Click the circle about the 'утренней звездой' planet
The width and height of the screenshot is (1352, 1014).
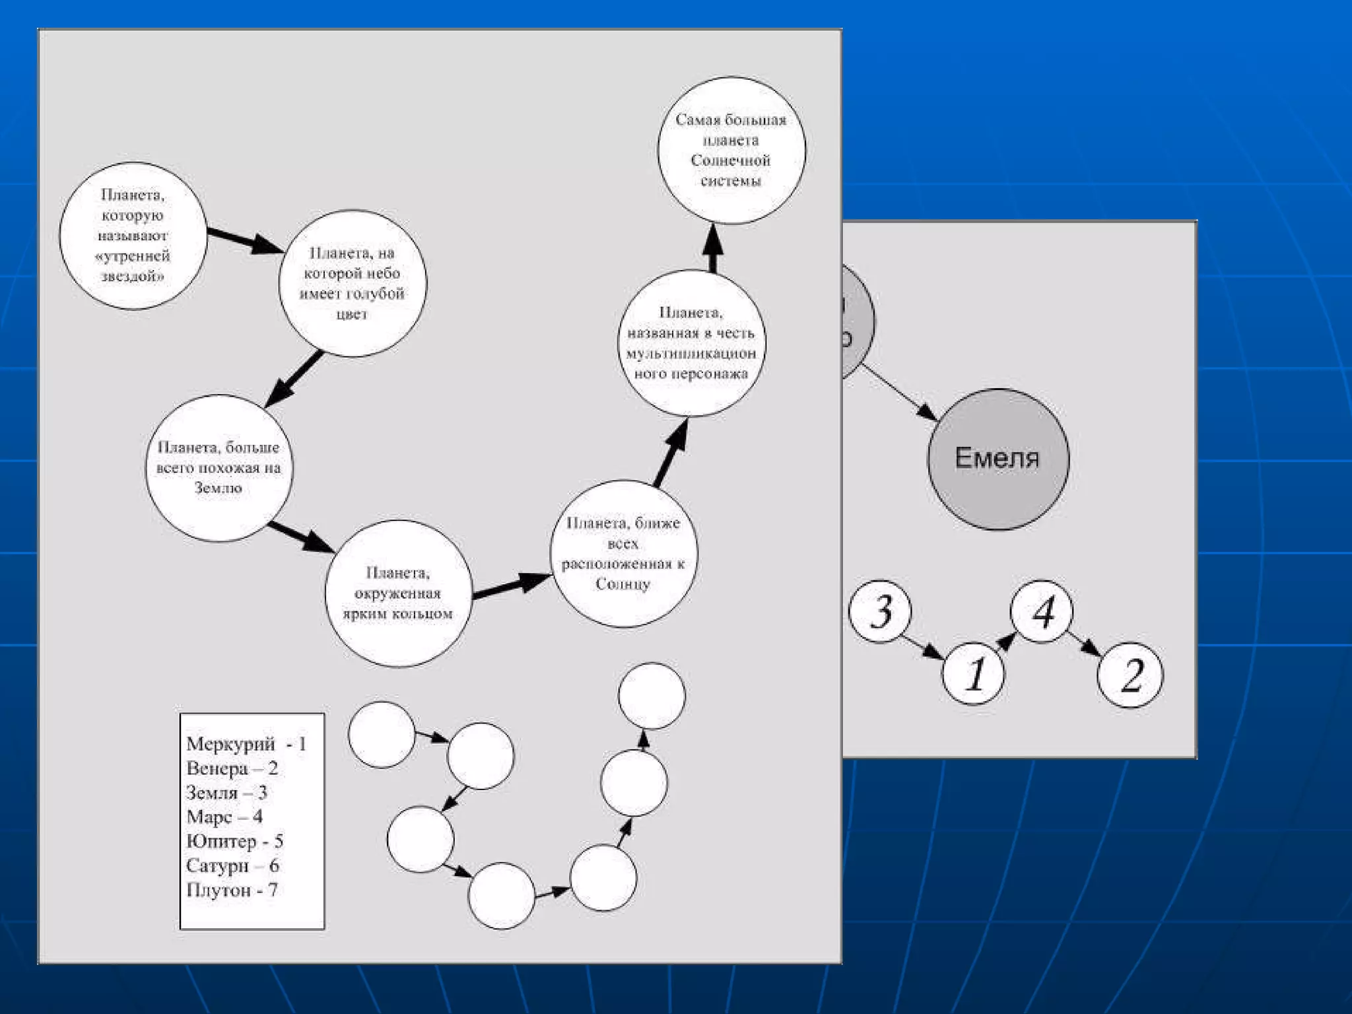133,236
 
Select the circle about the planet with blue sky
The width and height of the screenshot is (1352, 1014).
353,283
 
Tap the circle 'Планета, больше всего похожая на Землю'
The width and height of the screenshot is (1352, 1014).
219,468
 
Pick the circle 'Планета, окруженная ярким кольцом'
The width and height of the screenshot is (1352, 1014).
398,593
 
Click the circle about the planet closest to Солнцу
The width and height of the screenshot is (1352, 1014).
623,553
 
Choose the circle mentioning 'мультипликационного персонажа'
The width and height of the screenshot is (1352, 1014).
691,343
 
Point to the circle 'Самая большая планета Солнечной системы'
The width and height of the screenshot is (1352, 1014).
731,151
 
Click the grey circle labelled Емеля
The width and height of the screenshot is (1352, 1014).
997,459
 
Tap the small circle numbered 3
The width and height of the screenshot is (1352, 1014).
880,611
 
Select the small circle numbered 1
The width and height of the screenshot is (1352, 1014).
973,673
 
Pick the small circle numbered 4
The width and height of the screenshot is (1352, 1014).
1042,611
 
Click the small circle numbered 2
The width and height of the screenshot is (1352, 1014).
1130,675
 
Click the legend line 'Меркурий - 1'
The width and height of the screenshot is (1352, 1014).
246,744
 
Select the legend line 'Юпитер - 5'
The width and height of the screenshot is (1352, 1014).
234,841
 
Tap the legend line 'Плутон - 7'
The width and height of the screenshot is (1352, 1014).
232,890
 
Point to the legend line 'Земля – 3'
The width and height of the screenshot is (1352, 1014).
226,792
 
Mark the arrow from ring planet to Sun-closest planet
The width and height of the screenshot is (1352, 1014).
511,586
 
